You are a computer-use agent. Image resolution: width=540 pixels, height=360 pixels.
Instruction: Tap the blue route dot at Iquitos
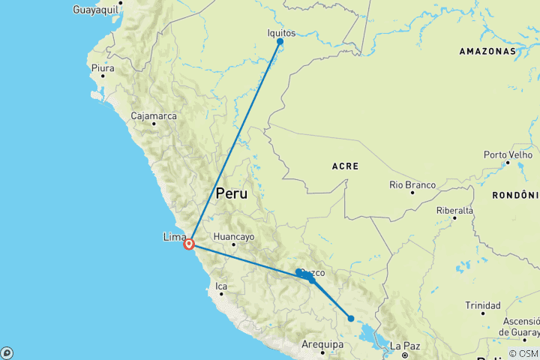tap(280, 41)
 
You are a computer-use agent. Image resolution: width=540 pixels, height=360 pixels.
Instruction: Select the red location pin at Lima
tap(190, 243)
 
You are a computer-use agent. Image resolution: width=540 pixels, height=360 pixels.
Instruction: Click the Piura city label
tap(102, 68)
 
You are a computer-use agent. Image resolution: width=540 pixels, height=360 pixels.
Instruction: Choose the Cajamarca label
tap(153, 116)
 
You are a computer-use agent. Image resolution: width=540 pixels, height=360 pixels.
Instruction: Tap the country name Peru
tap(231, 193)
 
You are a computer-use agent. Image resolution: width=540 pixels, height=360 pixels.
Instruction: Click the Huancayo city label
tap(234, 237)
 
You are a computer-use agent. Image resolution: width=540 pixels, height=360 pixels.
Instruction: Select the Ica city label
tap(220, 286)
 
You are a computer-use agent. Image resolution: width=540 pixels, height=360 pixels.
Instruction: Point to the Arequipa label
tap(322, 344)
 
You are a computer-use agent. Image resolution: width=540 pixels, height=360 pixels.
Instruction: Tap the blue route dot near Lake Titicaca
tap(350, 319)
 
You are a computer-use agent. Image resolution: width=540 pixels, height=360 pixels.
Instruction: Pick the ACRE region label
tap(344, 166)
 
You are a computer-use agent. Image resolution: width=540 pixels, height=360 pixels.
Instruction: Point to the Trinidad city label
tap(482, 305)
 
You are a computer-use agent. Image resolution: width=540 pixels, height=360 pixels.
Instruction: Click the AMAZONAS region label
tap(488, 51)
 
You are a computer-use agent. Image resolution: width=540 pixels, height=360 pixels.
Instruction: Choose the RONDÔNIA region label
tap(515, 195)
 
